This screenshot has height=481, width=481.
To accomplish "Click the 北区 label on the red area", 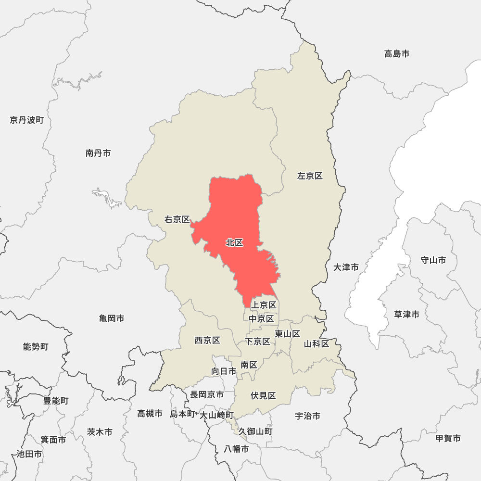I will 235,243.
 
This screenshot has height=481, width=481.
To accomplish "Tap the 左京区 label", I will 310,176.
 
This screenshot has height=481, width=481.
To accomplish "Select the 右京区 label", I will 177,220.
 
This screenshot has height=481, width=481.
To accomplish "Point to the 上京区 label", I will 264,305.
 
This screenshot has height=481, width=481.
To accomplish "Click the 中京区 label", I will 261,318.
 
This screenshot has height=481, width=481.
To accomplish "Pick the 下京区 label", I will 258,342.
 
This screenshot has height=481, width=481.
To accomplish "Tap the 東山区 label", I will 288,334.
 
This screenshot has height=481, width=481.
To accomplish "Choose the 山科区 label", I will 316,344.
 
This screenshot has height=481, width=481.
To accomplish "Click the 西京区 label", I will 207,341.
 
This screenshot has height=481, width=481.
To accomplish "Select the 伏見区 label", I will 263,396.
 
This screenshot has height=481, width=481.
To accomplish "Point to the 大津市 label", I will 346,267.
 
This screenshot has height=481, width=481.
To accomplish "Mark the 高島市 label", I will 397,54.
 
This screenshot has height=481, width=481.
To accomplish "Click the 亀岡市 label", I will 112,318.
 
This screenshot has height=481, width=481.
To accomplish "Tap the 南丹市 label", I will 98,153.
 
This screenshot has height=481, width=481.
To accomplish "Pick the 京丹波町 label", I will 26,120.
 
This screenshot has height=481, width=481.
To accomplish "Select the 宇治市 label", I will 308,416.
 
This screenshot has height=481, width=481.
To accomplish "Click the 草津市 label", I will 407,315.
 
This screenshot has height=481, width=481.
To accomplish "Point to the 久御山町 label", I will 255,431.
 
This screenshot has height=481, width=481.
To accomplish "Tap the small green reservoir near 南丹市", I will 108,198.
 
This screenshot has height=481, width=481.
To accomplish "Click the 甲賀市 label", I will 448,438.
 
